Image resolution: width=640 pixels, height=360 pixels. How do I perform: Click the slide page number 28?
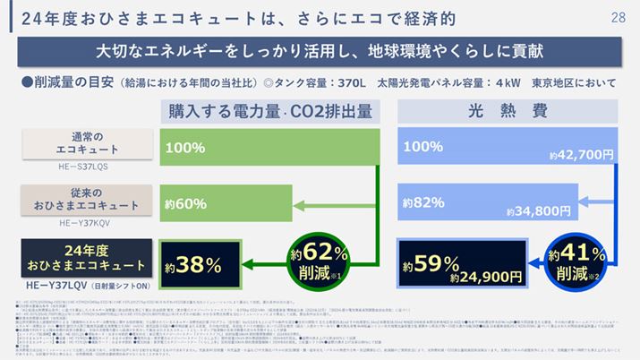[618, 15]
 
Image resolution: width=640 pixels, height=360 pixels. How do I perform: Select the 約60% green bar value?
[186, 203]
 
